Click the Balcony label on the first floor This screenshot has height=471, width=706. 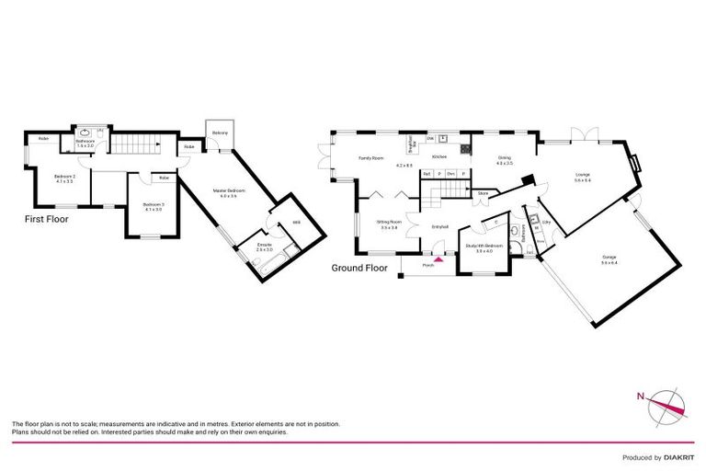coord(220,133)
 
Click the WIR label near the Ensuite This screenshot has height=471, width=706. coord(296,223)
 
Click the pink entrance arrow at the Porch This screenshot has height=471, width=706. coord(438,260)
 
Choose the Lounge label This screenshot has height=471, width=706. coord(582,176)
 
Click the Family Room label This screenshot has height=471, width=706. coord(370,158)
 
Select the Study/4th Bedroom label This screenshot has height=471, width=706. coord(484,247)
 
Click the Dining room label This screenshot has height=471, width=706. coord(505,159)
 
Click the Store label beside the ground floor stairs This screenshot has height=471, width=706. coord(482,193)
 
